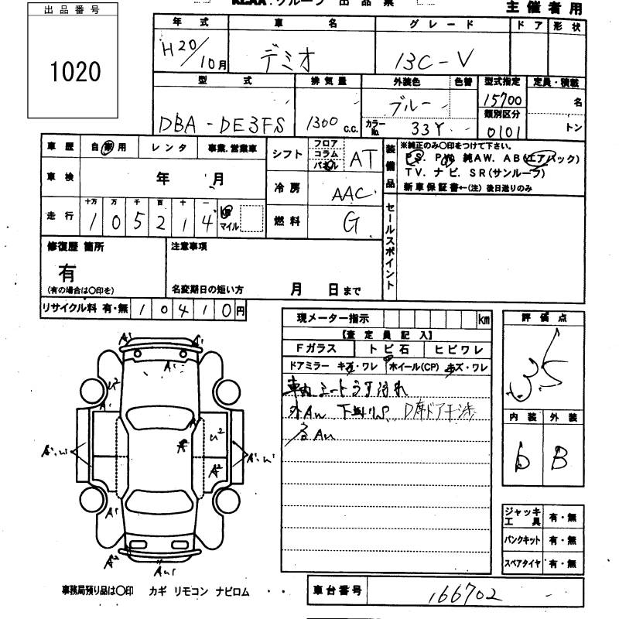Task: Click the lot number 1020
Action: click(x=75, y=72)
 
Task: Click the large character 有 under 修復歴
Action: click(x=68, y=272)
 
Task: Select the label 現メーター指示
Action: click(x=333, y=318)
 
